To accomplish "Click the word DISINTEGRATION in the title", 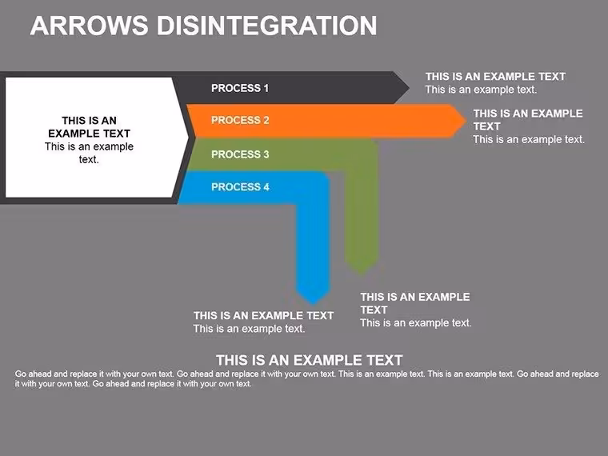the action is (x=266, y=26).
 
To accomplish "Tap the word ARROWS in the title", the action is (x=89, y=26).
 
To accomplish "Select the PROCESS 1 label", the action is (x=240, y=89).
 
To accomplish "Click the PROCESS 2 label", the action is (x=240, y=120).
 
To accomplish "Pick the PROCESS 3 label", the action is (x=240, y=154).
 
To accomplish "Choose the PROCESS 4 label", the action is (x=240, y=187).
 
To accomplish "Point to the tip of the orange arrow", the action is (x=466, y=121).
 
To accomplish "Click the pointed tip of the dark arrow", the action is (x=410, y=88).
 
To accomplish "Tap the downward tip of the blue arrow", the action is (x=314, y=305).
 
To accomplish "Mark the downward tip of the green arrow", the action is (x=362, y=275).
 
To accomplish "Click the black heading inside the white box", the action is (x=89, y=126).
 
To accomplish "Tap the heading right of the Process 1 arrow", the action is (x=495, y=76).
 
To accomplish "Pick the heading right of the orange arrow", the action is (x=528, y=120).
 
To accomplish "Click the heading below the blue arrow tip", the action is (x=264, y=316).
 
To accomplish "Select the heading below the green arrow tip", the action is (x=415, y=303).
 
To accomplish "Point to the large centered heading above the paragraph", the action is (x=310, y=360).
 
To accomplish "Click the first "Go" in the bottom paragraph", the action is (x=21, y=374).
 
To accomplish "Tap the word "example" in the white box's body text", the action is (x=114, y=147).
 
